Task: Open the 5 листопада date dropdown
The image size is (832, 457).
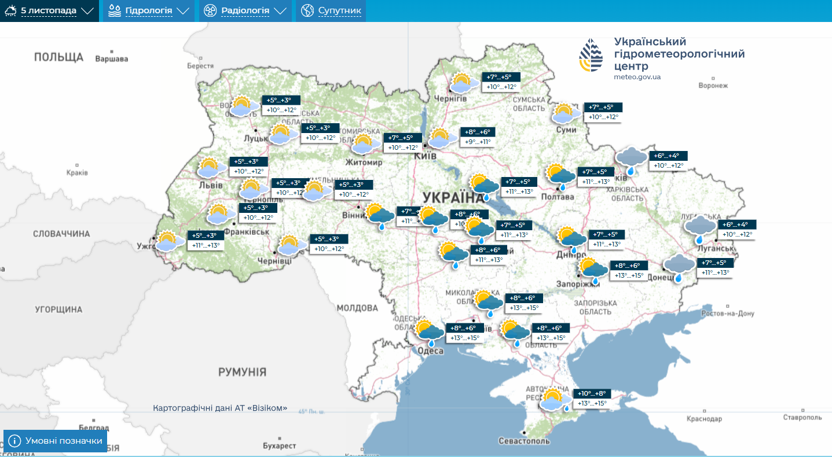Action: coord(49,10)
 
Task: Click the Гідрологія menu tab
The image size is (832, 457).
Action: coord(148,10)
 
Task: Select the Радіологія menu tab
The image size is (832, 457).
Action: coord(245,10)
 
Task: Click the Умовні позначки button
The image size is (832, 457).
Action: coord(56,441)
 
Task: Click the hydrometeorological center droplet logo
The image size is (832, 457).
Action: coord(591,55)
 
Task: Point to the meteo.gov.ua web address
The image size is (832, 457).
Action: coord(637,77)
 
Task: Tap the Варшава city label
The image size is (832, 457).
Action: coord(111,58)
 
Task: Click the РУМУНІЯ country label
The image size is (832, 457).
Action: coord(242,372)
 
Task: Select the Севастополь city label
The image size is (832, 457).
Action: coord(523,441)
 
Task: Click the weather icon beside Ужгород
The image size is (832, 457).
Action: coord(167,241)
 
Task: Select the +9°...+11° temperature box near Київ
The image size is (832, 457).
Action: coord(478,142)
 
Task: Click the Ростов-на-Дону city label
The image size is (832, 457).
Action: coord(727,314)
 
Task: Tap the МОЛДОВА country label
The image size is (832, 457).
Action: coord(357,308)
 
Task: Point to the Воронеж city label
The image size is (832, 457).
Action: coord(713,86)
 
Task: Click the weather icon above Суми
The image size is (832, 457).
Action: coord(564,113)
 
